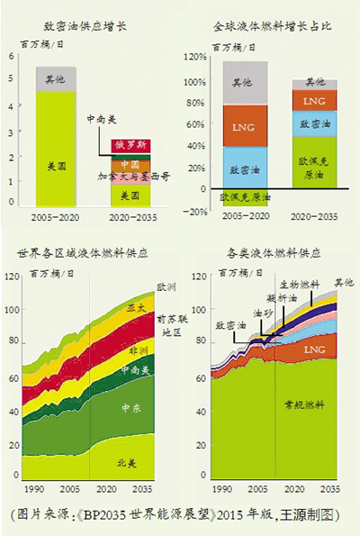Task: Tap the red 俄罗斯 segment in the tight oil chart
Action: [x=130, y=145]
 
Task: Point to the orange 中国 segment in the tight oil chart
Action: [x=130, y=166]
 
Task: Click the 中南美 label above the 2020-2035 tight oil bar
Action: [x=101, y=119]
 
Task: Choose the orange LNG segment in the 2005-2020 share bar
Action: [x=245, y=126]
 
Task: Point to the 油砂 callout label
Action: [x=262, y=313]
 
